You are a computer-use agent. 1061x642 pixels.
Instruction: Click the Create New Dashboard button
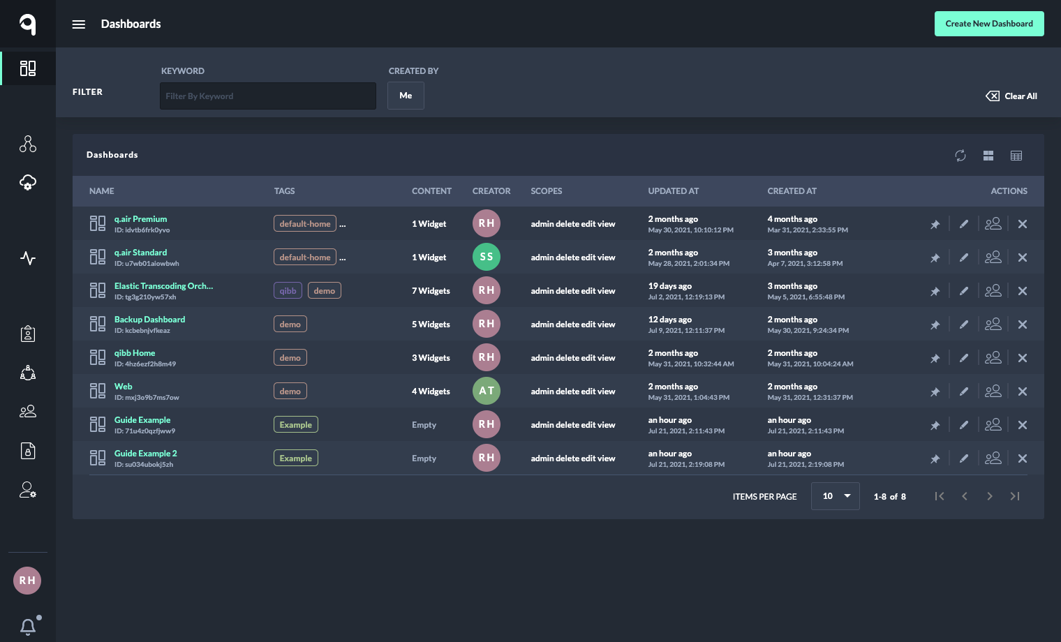pyautogui.click(x=989, y=24)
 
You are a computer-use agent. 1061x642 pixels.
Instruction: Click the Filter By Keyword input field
pyautogui.click(x=268, y=96)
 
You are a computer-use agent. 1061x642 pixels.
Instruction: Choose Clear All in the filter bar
pyautogui.click(x=1011, y=96)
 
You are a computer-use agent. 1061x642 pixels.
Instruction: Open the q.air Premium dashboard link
pyautogui.click(x=140, y=219)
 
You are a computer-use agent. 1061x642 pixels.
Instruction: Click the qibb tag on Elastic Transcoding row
pyautogui.click(x=288, y=291)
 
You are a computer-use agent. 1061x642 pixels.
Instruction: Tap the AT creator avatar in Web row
pyautogui.click(x=487, y=391)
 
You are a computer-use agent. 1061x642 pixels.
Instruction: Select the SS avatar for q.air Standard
pyautogui.click(x=487, y=257)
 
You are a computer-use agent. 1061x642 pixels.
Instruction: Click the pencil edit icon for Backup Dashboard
pyautogui.click(x=964, y=324)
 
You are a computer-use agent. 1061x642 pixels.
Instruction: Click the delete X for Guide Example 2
pyautogui.click(x=1023, y=458)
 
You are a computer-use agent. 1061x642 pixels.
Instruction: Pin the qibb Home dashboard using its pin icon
pyautogui.click(x=935, y=358)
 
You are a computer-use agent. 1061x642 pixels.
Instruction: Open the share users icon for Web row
pyautogui.click(x=993, y=391)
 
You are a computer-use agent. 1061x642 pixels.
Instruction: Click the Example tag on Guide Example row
pyautogui.click(x=295, y=425)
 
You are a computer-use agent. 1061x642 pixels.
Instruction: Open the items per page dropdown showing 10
pyautogui.click(x=835, y=496)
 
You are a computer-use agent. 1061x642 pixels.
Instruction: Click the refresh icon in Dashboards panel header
pyautogui.click(x=960, y=156)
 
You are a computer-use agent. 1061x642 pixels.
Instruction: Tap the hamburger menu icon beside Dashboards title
pyautogui.click(x=79, y=24)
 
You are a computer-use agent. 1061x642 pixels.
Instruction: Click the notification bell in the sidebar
pyautogui.click(x=28, y=627)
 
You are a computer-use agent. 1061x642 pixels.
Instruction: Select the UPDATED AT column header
pyautogui.click(x=673, y=191)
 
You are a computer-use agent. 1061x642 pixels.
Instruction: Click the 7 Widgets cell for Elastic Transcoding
pyautogui.click(x=431, y=291)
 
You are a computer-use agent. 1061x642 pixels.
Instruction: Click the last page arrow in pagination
pyautogui.click(x=1015, y=496)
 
